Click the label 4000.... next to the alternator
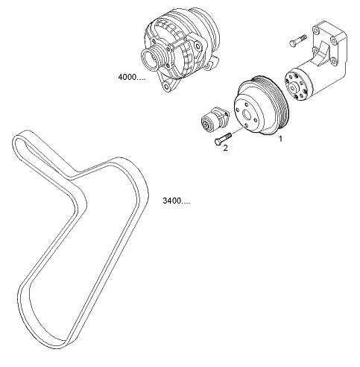coord(131,77)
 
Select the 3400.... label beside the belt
coord(177,201)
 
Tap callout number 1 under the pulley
coord(280,139)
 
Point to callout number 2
coord(225,148)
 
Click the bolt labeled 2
coord(223,139)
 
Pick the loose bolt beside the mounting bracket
coord(298,40)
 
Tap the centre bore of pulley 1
coord(247,115)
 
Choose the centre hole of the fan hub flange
coord(294,87)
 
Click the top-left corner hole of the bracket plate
coord(316,31)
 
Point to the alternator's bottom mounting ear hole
coord(167,86)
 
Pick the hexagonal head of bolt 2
coord(217,141)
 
